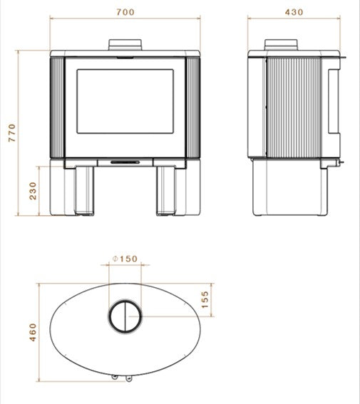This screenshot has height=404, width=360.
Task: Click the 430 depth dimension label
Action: pyautogui.click(x=293, y=12)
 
